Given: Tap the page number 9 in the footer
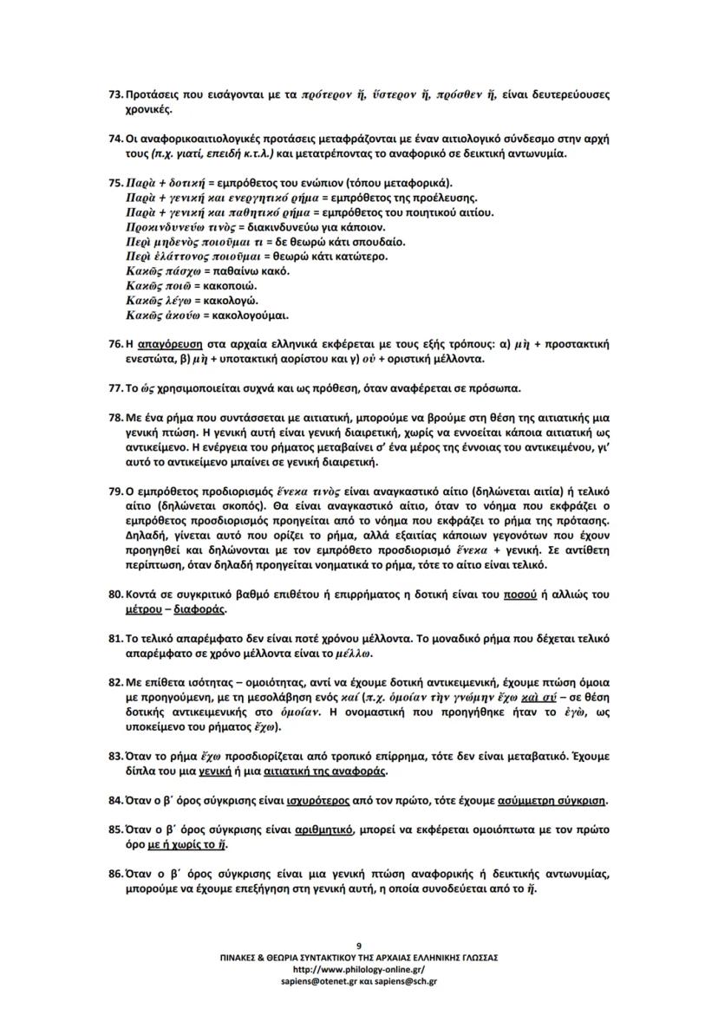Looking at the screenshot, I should point(359,944).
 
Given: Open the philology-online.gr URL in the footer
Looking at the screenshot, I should point(359,969).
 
